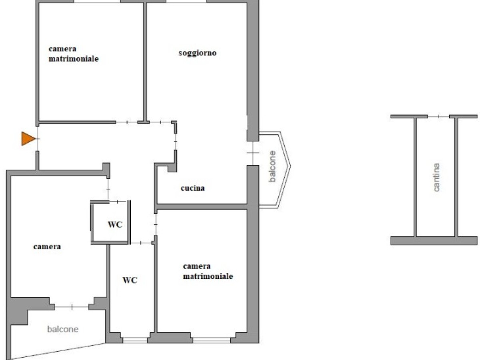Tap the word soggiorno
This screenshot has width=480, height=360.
click(x=197, y=53)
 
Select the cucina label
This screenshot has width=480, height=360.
click(x=193, y=188)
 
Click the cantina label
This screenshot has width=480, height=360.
click(x=436, y=177)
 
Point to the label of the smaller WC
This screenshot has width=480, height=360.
click(x=115, y=224)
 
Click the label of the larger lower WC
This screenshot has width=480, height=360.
click(x=130, y=280)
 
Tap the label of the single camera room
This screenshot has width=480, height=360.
click(x=47, y=247)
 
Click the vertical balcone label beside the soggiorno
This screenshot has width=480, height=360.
click(x=272, y=166)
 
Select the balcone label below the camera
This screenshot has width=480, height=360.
click(x=63, y=329)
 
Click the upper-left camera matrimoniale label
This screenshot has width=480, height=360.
click(x=74, y=54)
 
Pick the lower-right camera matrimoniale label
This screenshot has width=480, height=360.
click(x=208, y=271)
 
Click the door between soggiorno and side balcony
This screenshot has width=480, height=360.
click(x=253, y=153)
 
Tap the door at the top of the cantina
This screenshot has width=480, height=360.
click(x=438, y=117)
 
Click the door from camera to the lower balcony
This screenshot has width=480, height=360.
click(x=72, y=307)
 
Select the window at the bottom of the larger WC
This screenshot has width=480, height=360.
click(x=135, y=340)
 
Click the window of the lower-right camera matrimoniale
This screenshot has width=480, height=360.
click(x=212, y=340)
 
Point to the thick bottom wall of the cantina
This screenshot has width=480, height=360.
click(x=434, y=240)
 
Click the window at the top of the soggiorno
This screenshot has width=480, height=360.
click(x=186, y=1)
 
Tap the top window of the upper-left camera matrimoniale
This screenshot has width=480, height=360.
click(x=97, y=1)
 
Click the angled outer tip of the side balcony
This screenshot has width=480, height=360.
click(x=290, y=166)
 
